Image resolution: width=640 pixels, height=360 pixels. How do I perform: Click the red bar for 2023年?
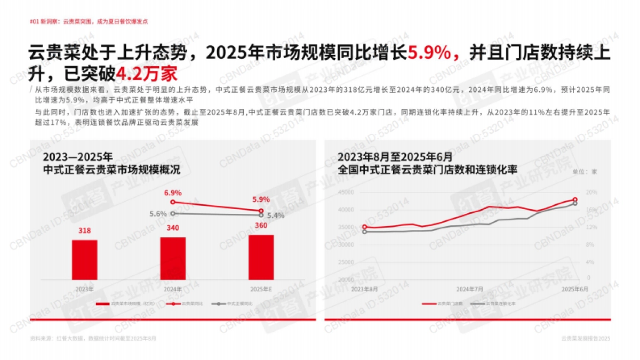pyautogui.click(x=84, y=260)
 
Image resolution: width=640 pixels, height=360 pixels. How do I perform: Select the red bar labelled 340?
pyautogui.click(x=173, y=258)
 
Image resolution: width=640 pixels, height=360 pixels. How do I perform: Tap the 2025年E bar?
pyautogui.click(x=261, y=257)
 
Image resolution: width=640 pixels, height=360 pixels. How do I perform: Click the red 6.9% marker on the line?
pyautogui.click(x=173, y=202)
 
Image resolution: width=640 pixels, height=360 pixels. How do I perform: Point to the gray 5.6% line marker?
pyautogui.click(x=173, y=213)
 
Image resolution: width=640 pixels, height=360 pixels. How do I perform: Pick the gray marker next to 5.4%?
pyautogui.click(x=261, y=215)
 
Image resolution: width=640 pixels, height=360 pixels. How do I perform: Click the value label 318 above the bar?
pyautogui.click(x=84, y=231)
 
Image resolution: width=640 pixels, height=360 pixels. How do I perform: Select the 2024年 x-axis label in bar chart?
pyautogui.click(x=173, y=289)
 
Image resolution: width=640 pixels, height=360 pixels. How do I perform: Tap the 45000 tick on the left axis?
pyautogui.click(x=346, y=193)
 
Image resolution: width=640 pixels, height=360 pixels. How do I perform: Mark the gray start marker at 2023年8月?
pyautogui.click(x=365, y=231)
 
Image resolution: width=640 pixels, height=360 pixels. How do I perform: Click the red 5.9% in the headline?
pyautogui.click(x=430, y=54)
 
